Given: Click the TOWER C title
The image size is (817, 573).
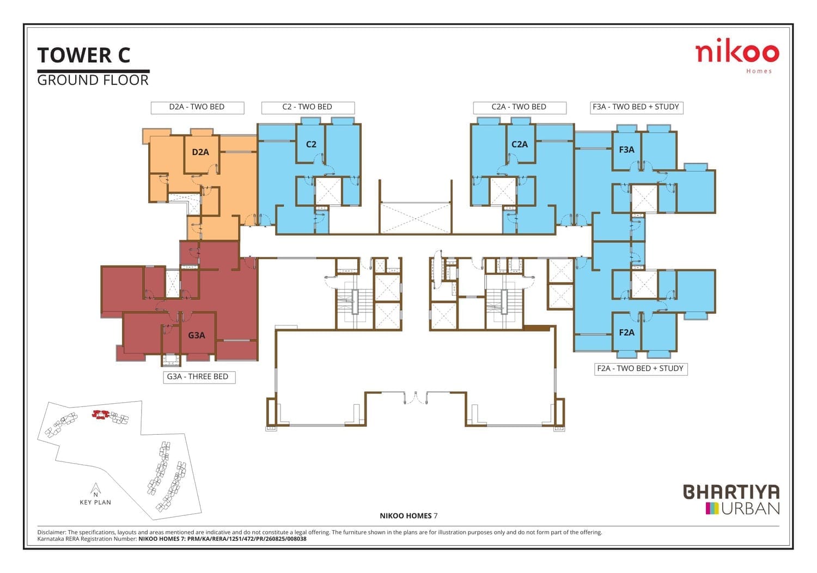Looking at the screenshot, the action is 83,55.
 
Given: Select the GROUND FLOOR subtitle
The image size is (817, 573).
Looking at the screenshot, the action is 93,80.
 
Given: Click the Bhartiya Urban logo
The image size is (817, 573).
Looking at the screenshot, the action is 731,499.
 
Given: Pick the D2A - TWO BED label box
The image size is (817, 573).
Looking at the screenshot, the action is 197,108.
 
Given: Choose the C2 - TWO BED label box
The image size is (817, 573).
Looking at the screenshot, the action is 308,108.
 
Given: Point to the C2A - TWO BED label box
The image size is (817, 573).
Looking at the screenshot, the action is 520,108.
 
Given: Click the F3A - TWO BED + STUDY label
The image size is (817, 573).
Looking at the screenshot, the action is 637,108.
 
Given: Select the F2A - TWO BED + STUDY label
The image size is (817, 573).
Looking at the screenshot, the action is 641,368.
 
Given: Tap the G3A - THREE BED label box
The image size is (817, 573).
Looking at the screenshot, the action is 199,377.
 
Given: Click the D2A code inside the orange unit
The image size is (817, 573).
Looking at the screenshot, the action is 200,152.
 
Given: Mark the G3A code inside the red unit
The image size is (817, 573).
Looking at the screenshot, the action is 196,335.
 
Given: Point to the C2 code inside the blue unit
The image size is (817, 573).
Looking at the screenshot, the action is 311,144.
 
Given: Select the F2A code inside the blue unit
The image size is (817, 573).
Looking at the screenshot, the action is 626,332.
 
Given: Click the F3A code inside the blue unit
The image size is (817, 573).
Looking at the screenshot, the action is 626,150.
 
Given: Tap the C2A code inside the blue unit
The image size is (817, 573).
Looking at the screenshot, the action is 520,144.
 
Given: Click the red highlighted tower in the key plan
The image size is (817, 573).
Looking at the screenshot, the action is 100,415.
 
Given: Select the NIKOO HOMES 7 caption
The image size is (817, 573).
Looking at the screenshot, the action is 408,516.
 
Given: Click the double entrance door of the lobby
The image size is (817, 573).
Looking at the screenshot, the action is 416,398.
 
